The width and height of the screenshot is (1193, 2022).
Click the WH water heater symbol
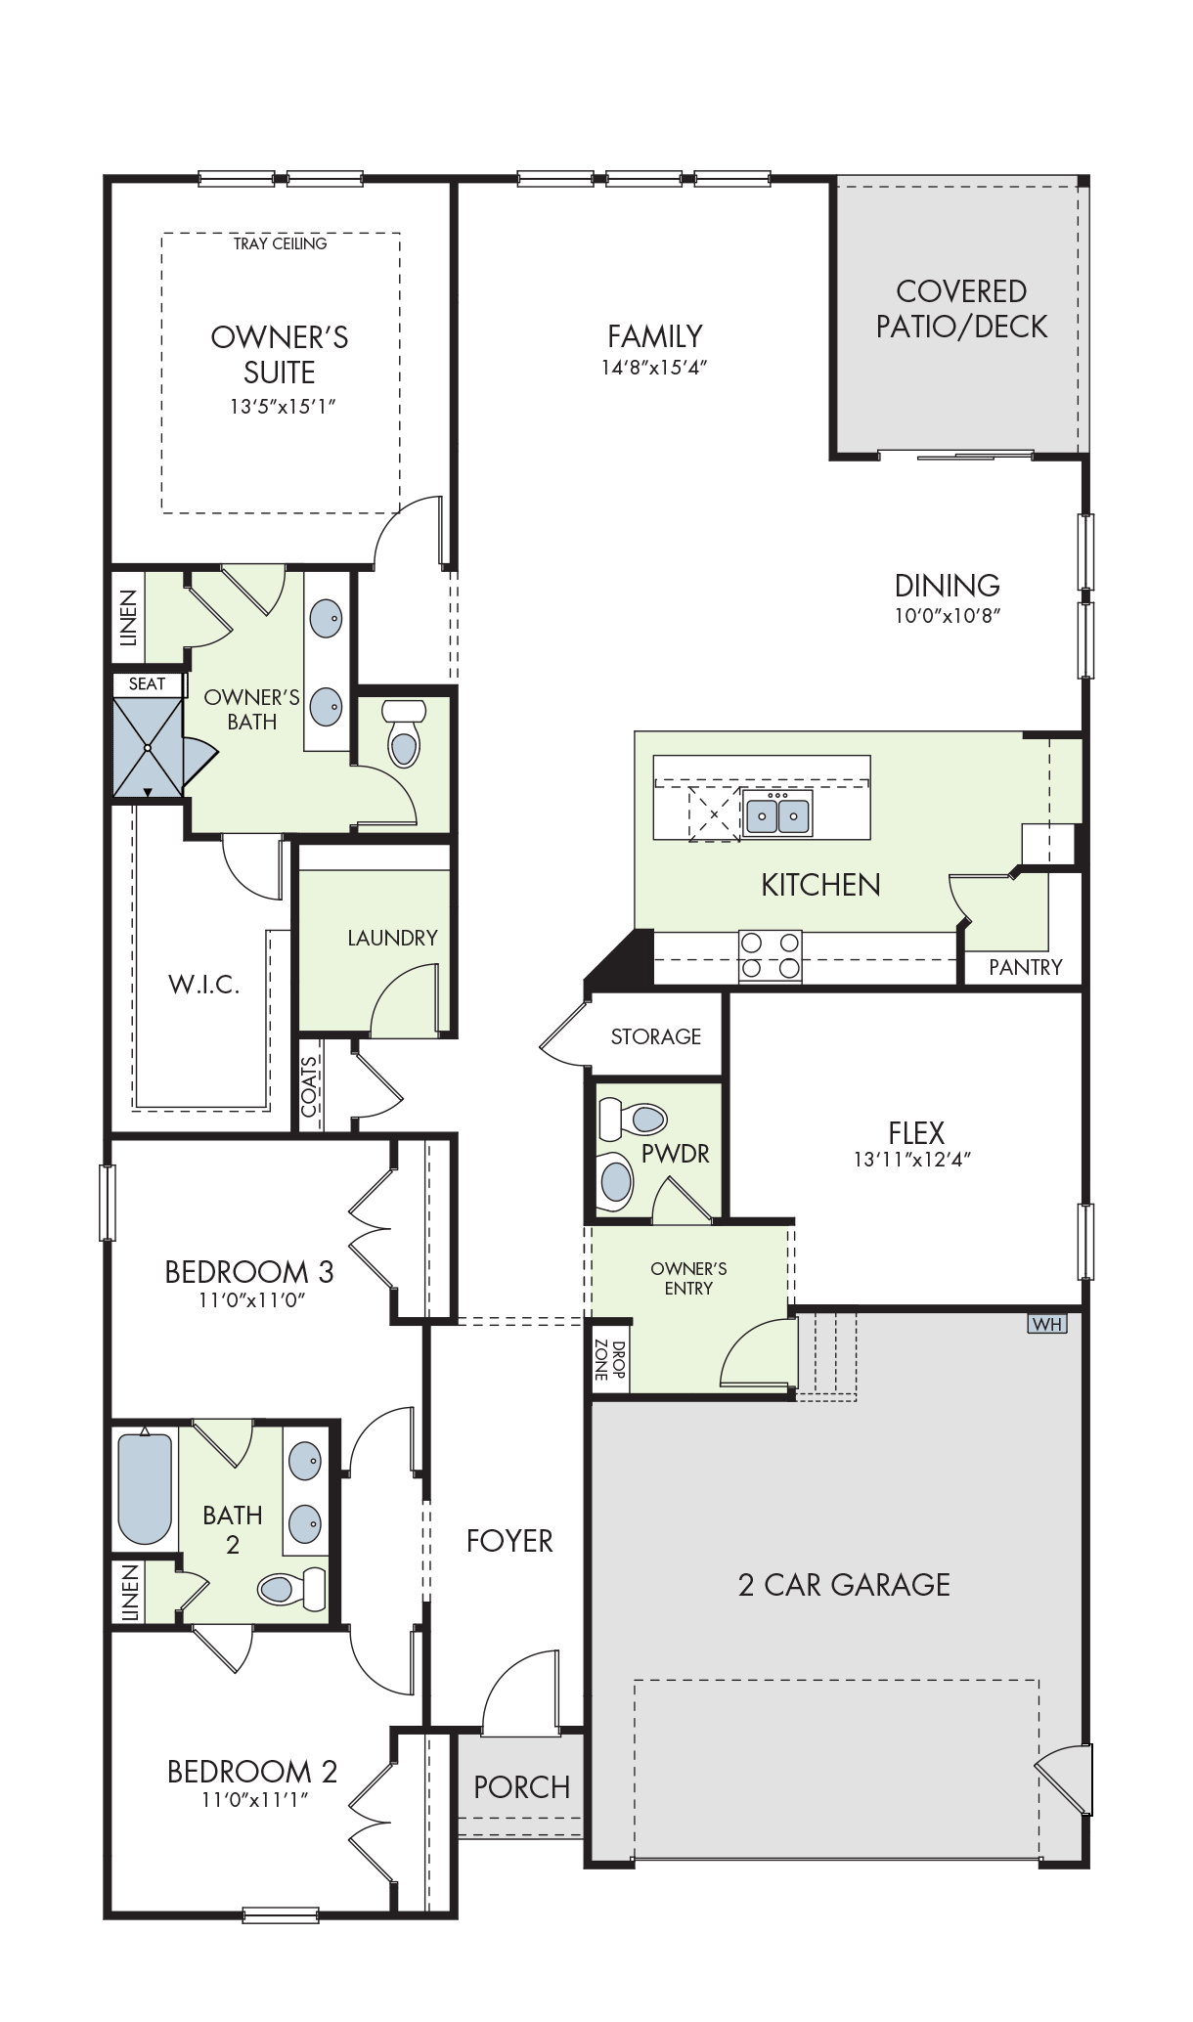point(1047,1324)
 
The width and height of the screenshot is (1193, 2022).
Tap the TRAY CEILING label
point(280,243)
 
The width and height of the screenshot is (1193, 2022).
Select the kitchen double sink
point(777,813)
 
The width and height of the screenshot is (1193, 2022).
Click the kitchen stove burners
point(770,955)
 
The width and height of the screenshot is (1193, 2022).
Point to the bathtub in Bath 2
point(145,1488)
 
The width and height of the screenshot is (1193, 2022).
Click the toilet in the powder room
point(632,1118)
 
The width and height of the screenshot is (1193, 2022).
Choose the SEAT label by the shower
point(147,683)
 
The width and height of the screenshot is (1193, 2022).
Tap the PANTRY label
point(1025,967)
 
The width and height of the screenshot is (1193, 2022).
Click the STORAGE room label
point(656,1036)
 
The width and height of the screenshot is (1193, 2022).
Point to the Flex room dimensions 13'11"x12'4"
point(912,1160)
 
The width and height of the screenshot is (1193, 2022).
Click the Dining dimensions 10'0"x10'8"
point(948,615)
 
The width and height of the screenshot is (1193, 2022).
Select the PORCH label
point(522,1787)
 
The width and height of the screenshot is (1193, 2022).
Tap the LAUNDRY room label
point(392,938)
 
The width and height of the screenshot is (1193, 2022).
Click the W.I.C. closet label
point(204,984)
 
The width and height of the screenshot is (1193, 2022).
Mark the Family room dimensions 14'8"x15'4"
point(654,368)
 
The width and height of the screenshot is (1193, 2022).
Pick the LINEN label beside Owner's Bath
point(128,619)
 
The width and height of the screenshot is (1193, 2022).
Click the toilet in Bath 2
point(292,1588)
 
